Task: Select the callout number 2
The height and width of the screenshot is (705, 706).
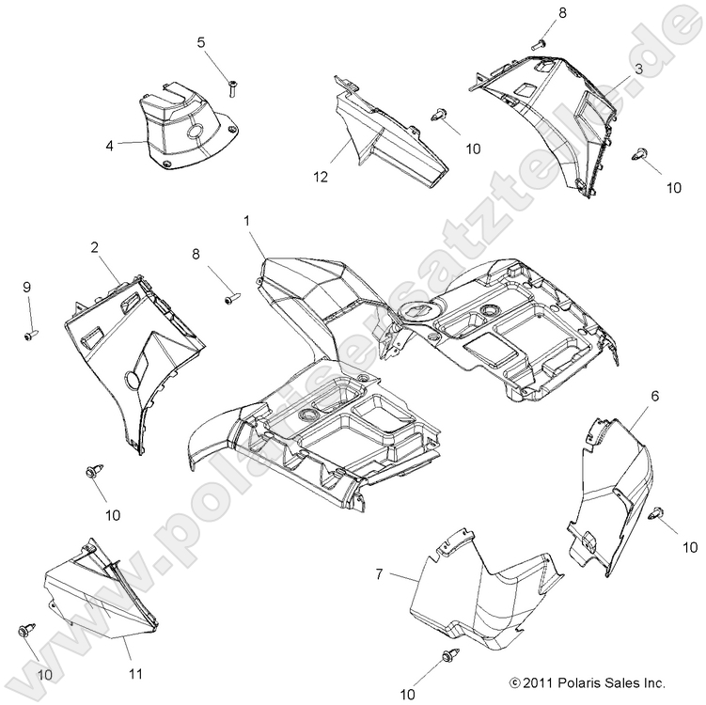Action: [95, 247]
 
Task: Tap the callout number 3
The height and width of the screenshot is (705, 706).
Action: [637, 70]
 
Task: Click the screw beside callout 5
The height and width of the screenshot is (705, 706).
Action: [231, 88]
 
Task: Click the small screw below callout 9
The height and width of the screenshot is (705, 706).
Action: [30, 334]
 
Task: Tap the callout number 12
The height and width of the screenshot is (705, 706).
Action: [321, 176]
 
